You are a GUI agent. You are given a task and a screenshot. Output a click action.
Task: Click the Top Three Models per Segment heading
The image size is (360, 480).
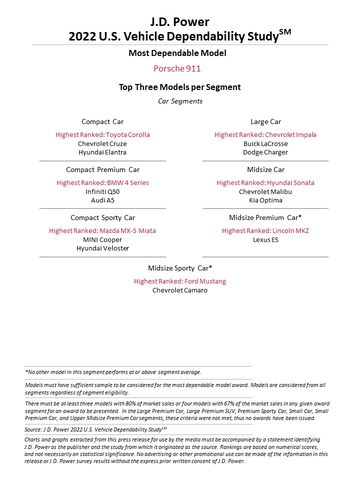(180, 87)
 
